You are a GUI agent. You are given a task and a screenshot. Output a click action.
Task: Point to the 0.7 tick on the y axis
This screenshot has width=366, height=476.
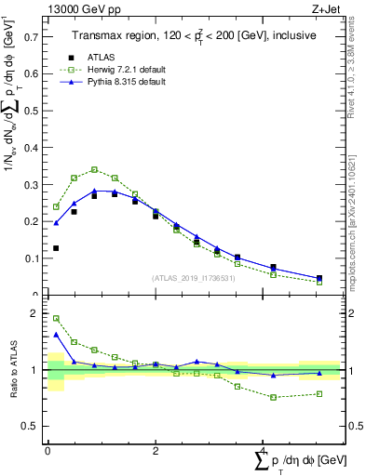(x=37, y=38)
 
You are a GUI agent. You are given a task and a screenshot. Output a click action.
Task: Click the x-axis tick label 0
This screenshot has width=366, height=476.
(x=47, y=451)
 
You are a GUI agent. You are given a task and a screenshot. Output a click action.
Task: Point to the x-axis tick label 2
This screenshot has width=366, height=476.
(x=156, y=451)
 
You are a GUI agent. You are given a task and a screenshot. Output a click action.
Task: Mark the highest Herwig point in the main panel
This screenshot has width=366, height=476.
(x=94, y=169)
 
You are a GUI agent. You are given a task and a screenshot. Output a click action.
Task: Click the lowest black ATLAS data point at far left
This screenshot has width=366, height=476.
(x=56, y=248)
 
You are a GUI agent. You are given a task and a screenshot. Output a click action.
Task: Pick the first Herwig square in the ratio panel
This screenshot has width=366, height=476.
(x=56, y=318)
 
